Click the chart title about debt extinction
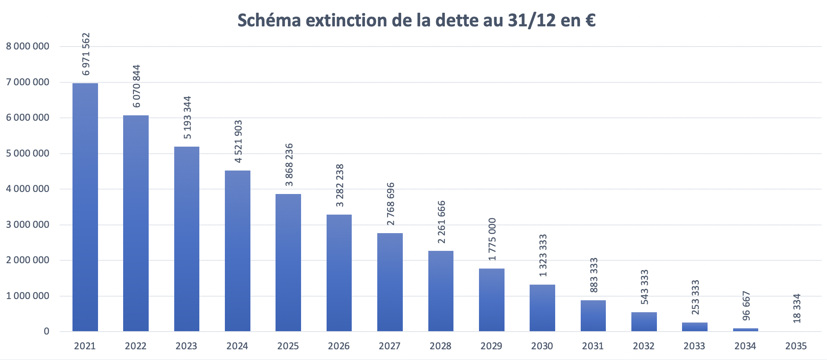pyautogui.click(x=416, y=20)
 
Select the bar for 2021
pyautogui.click(x=85, y=207)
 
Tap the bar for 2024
pyautogui.click(x=238, y=251)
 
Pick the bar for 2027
pyautogui.click(x=390, y=282)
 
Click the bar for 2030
pyautogui.click(x=542, y=308)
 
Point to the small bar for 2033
pyautogui.click(x=695, y=327)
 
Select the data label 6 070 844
pyautogui.click(x=136, y=86)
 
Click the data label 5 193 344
pyautogui.click(x=187, y=117)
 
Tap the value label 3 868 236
pyautogui.click(x=289, y=165)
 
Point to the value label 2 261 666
pyautogui.click(x=441, y=222)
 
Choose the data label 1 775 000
pyautogui.click(x=492, y=239)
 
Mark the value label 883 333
pyautogui.click(x=593, y=275)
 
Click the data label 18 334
pyautogui.click(x=797, y=308)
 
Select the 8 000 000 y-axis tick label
pyautogui.click(x=28, y=47)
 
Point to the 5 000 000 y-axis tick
pyautogui.click(x=28, y=154)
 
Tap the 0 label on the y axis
pyautogui.click(x=47, y=332)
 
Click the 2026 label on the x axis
pyautogui.click(x=339, y=346)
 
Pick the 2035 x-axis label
pyautogui.click(x=796, y=346)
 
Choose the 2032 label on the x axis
pyautogui.click(x=644, y=346)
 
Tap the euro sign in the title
pyautogui.click(x=590, y=21)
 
